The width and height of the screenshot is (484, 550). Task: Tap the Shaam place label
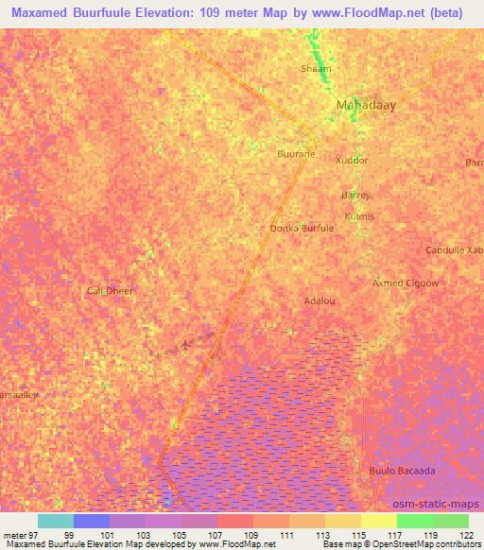(316, 69)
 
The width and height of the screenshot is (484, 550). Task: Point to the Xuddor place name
(352, 161)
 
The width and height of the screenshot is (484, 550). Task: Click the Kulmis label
(360, 216)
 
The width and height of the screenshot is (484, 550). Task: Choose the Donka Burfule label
(302, 229)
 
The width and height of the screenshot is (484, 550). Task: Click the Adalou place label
(320, 301)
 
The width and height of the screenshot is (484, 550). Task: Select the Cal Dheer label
(110, 291)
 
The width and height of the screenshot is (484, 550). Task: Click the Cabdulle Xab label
(454, 250)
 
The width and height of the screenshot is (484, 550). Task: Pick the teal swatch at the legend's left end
(56, 521)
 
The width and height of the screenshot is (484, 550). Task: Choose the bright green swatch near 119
(414, 521)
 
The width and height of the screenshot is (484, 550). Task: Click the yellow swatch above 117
(378, 521)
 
